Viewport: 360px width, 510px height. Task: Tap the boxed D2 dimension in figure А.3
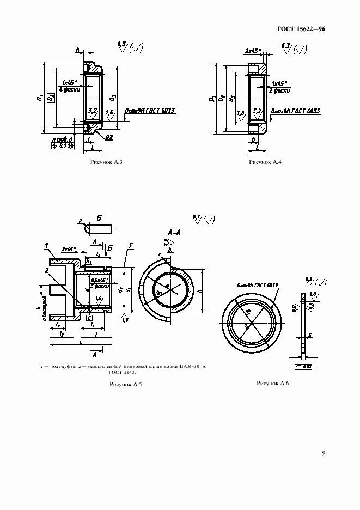click(x=51, y=99)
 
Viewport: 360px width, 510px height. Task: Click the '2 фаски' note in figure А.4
click(x=279, y=90)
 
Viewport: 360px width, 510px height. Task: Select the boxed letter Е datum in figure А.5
click(x=89, y=317)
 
